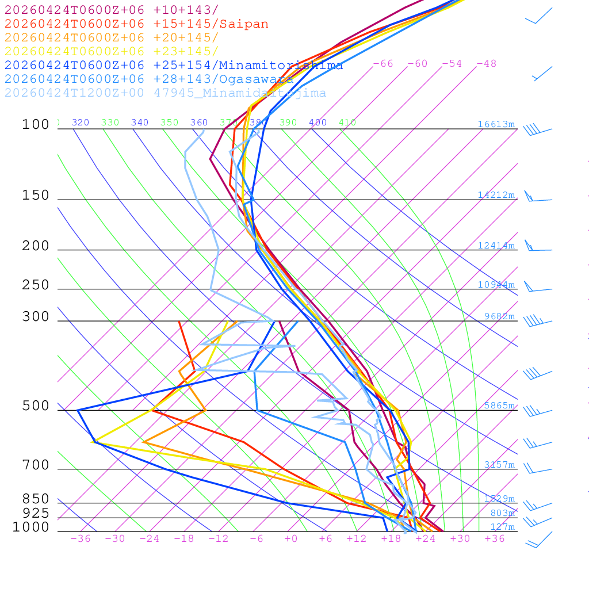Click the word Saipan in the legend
[244, 24]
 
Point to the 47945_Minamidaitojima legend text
[240, 93]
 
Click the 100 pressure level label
[36, 124]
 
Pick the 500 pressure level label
[36, 406]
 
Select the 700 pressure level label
[36, 465]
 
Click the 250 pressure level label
[36, 285]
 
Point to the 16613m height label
[496, 124]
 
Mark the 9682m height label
[499, 316]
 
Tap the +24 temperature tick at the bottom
[426, 538]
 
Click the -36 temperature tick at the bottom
[80, 538]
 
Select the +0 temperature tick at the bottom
[291, 538]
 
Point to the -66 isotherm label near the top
[383, 63]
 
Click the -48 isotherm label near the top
[487, 63]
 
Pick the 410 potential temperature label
[347, 123]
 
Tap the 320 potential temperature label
[81, 123]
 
